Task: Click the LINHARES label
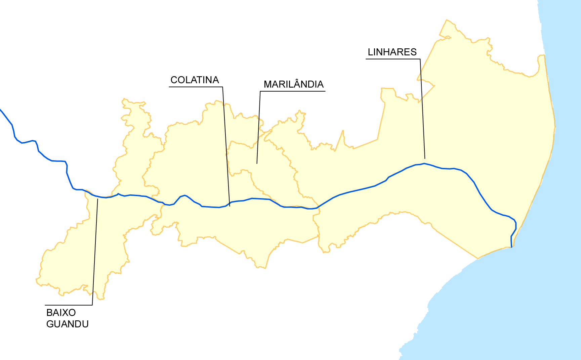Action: (x=392, y=52)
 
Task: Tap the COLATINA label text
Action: (x=195, y=80)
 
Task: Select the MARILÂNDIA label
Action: (x=293, y=84)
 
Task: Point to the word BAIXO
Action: (x=61, y=313)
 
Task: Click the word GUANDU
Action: (x=67, y=324)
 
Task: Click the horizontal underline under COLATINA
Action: (x=196, y=87)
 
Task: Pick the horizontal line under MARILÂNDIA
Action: (x=292, y=91)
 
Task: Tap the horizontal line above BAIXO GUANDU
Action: (x=69, y=305)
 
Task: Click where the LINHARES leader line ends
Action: (x=425, y=158)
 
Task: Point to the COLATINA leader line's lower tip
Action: (x=230, y=206)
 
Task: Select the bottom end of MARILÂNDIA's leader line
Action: (x=257, y=164)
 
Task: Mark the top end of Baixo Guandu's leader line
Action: (x=98, y=199)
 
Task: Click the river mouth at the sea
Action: (x=511, y=247)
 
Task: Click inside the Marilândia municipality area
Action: (x=269, y=168)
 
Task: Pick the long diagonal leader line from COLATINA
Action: (x=226, y=144)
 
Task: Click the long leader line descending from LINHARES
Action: (x=422, y=107)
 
